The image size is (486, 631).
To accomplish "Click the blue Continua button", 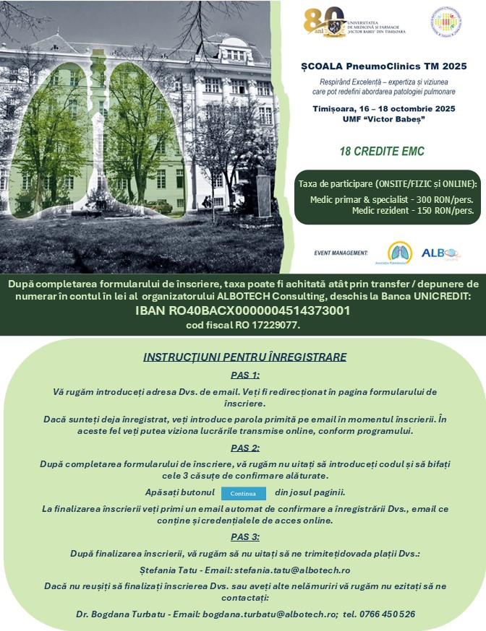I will [244, 493].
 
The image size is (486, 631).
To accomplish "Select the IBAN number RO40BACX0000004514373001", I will [243, 310].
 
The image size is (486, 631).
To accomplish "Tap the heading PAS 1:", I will [245, 375].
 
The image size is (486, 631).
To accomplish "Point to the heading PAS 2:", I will [245, 448].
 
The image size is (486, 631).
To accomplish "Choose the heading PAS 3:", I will [245, 536].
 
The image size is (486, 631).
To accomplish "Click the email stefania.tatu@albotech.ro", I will [304, 570].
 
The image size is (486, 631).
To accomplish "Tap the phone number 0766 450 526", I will [389, 614].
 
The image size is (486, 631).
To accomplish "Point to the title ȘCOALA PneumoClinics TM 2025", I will [383, 66].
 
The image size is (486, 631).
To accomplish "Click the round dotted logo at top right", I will [446, 23].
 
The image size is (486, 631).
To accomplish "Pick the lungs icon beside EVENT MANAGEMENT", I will [399, 253].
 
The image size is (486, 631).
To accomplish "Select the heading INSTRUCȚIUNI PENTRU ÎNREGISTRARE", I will [245, 357].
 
